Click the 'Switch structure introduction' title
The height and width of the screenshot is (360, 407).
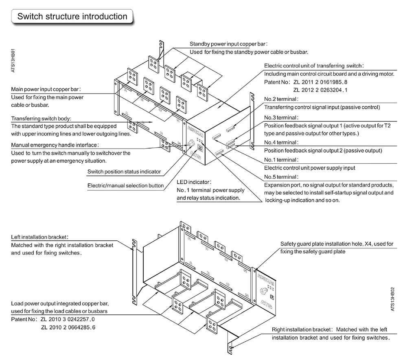click(72, 17)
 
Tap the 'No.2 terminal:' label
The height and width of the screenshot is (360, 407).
click(281, 99)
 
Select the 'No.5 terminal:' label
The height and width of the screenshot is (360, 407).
click(281, 177)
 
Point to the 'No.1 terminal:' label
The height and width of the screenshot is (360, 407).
click(281, 160)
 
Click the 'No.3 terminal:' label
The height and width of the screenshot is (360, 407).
click(281, 117)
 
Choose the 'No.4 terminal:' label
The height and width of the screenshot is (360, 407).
click(281, 142)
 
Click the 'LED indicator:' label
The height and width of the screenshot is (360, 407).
click(194, 182)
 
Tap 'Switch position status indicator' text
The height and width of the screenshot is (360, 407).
click(124, 171)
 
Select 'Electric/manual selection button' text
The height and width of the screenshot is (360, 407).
click(125, 186)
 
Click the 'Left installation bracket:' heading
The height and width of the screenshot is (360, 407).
click(39, 237)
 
